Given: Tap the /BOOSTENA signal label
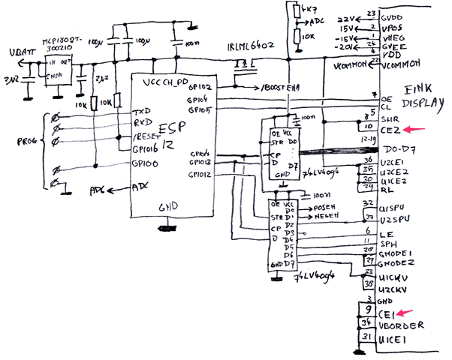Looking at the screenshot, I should point(279,88).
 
